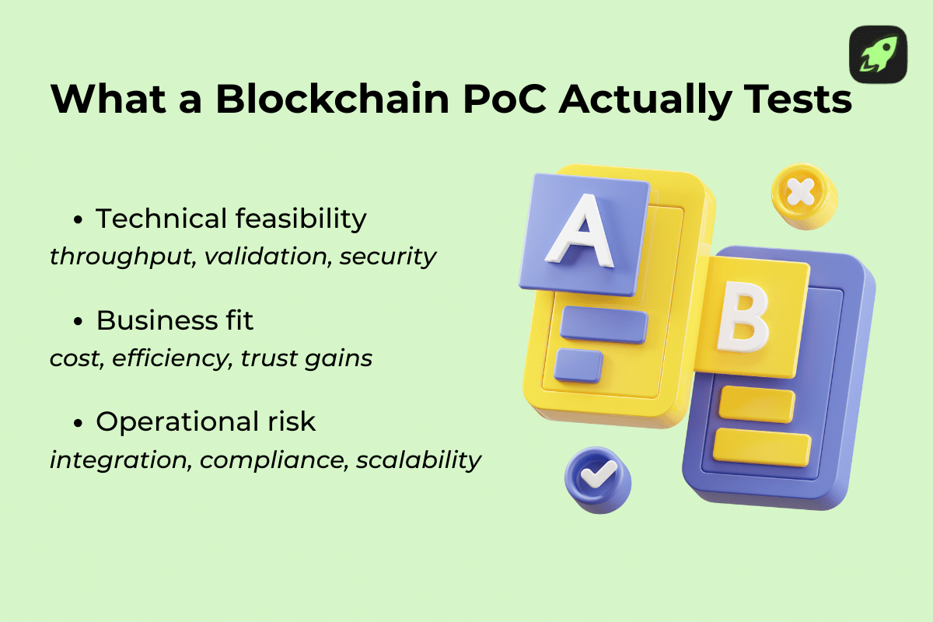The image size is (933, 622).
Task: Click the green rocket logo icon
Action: coord(878,54)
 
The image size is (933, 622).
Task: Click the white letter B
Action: coord(740,320)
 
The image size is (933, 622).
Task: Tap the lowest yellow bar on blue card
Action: coord(762,446)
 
